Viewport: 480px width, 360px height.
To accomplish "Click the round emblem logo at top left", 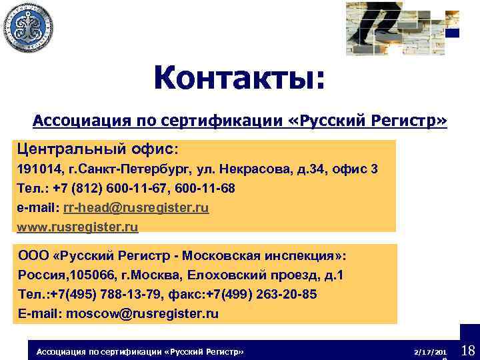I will (27, 27).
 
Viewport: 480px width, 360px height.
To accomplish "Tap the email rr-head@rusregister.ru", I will (136, 208).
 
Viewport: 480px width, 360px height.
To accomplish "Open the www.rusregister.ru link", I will (77, 227).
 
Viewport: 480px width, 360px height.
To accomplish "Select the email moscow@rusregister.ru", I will (143, 313).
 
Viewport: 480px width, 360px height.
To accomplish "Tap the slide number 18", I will (467, 350).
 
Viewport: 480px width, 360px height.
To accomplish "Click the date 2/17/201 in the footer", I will (429, 351).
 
